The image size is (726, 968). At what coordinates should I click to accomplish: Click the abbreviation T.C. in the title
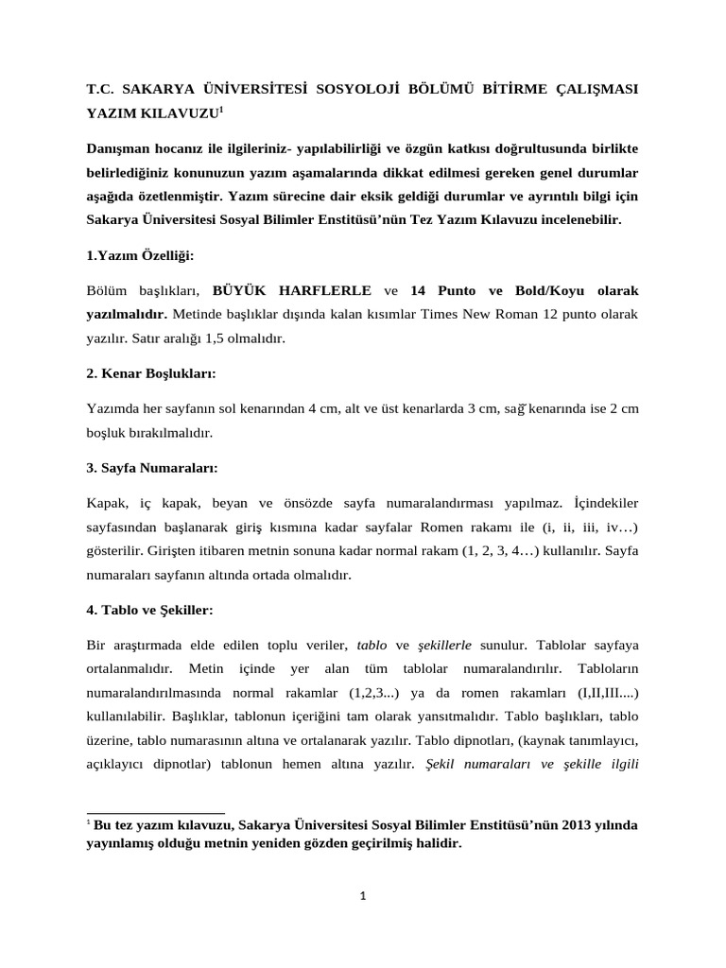coord(100,89)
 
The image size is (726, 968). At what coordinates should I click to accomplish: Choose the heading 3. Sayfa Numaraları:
coord(152,467)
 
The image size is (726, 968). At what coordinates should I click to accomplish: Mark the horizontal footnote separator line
coord(155,812)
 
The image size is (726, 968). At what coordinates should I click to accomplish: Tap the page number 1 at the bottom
coord(362,897)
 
